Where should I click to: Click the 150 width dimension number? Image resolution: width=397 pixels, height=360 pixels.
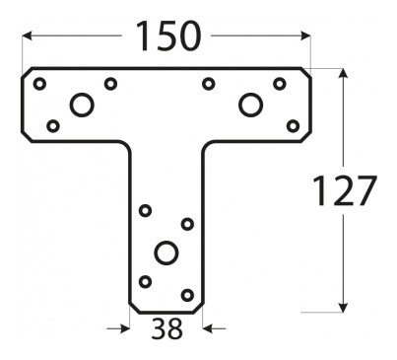167,36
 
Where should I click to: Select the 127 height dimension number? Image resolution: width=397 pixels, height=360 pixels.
344,190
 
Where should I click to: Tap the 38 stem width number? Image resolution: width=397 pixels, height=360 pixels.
166,329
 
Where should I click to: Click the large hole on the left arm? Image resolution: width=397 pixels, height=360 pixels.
82,105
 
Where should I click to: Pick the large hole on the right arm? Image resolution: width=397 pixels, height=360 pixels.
250,105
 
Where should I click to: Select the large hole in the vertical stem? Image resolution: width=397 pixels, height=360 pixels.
166,252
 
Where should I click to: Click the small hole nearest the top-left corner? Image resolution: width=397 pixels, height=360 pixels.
39,84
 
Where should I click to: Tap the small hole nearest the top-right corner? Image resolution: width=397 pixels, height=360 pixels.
280,84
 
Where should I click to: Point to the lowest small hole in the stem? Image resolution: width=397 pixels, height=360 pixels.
187,295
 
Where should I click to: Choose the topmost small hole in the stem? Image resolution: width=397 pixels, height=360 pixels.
145,210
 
